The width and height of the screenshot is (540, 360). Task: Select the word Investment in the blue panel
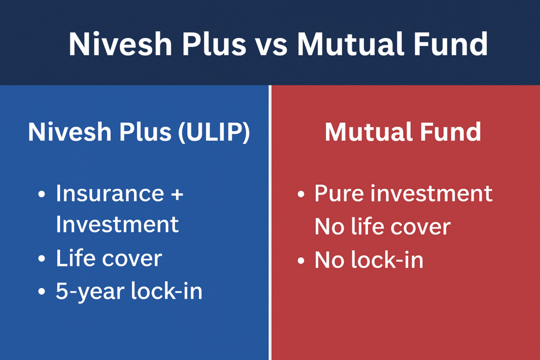click(x=117, y=225)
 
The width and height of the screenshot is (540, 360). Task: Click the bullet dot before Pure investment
click(x=301, y=195)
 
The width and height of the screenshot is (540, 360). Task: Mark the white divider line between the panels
click(x=270, y=221)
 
